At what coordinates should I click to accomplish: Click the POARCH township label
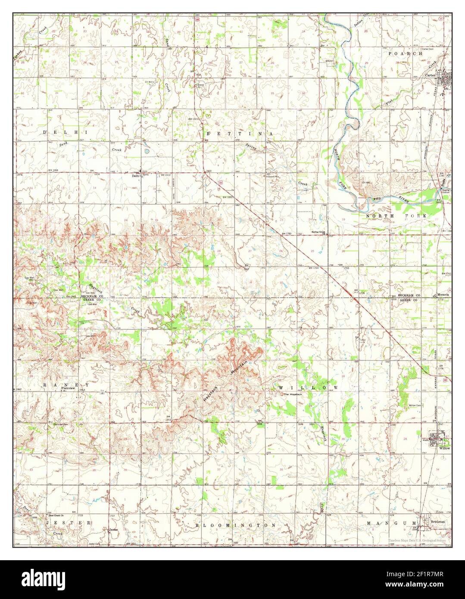[x=405, y=53]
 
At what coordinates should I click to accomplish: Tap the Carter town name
[x=430, y=75]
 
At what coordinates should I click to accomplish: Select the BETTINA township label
[x=238, y=134]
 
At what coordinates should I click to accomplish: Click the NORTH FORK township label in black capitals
[x=396, y=215]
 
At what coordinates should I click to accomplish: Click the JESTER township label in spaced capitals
[x=67, y=522]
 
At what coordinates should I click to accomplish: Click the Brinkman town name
[x=438, y=521]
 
